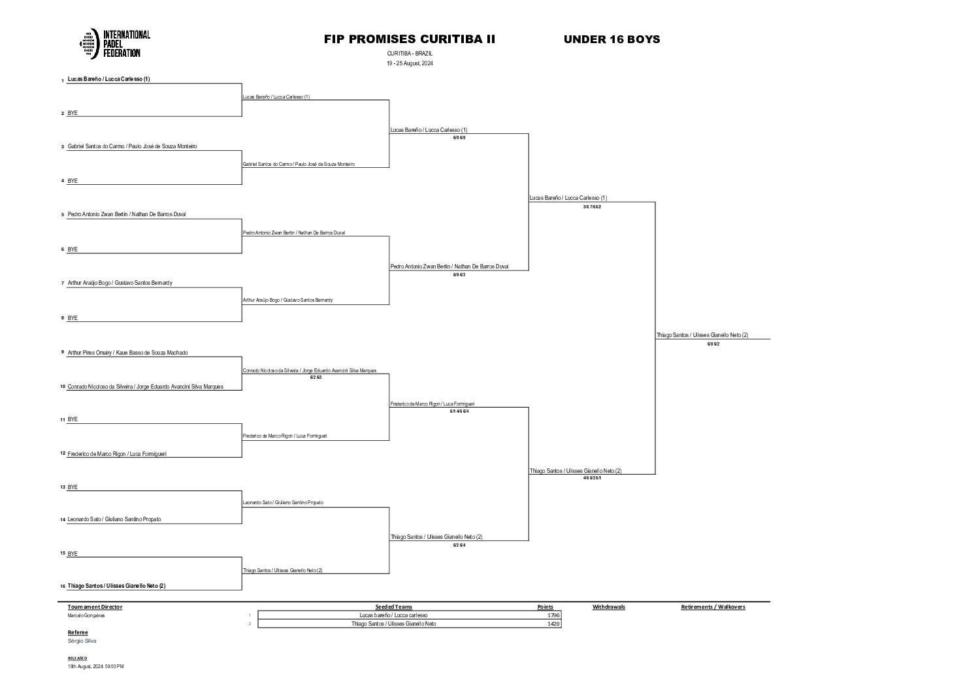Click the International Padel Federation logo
pyautogui.click(x=115, y=44)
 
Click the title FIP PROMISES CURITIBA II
pyautogui.click(x=410, y=39)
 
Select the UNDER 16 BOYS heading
pyautogui.click(x=611, y=39)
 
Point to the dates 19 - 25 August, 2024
pyautogui.click(x=410, y=63)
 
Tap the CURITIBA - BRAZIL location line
pyautogui.click(x=410, y=53)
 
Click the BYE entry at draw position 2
pyautogui.click(x=73, y=113)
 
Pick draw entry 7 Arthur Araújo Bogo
pyautogui.click(x=120, y=283)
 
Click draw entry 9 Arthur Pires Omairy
pyautogui.click(x=127, y=353)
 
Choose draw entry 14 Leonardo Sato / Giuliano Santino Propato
pyautogui.click(x=114, y=519)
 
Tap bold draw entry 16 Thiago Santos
pyautogui.click(x=116, y=586)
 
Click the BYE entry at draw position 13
pyautogui.click(x=73, y=487)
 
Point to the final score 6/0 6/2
pyautogui.click(x=713, y=344)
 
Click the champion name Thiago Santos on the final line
pyautogui.click(x=702, y=335)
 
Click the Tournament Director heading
pyautogui.click(x=95, y=607)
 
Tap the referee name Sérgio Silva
pyautogui.click(x=82, y=641)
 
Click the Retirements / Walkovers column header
pyautogui.click(x=713, y=607)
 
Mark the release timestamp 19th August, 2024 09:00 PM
pyautogui.click(x=95, y=666)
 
